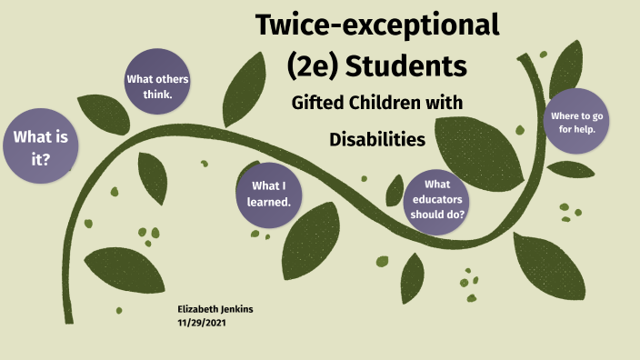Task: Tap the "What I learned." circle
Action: [x=268, y=194]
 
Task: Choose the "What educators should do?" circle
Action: [x=438, y=200]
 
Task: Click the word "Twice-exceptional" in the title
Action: [x=377, y=25]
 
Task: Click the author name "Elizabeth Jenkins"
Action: [x=215, y=309]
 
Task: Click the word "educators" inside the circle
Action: [x=438, y=200]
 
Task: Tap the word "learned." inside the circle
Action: [x=268, y=202]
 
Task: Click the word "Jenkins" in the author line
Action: [x=235, y=309]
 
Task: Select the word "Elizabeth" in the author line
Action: [x=196, y=309]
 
